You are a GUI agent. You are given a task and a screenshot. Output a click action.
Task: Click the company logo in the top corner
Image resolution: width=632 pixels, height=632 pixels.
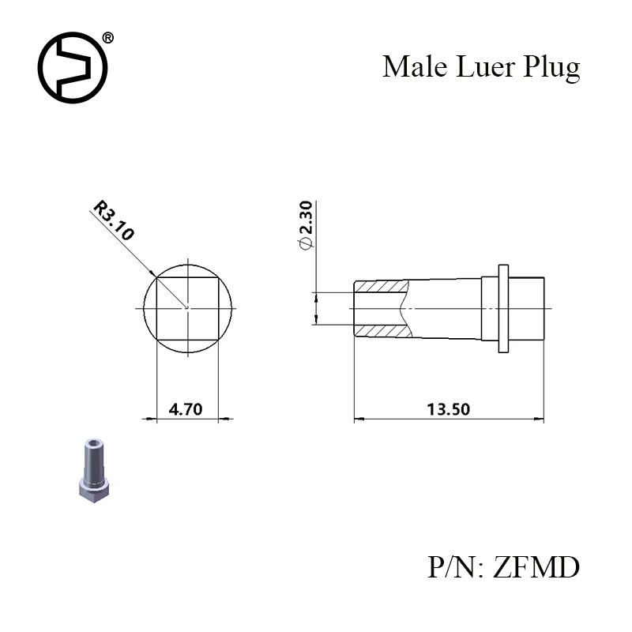[x=73, y=67]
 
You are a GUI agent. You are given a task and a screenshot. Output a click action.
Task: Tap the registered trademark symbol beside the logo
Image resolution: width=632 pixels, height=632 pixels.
[x=108, y=38]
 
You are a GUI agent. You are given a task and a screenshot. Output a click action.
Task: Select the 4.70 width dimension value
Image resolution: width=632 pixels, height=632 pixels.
[x=186, y=409]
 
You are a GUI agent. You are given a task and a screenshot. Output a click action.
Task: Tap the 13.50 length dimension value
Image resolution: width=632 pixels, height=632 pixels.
[x=448, y=409]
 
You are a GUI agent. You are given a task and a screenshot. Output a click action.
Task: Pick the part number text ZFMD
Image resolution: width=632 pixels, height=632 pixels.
[x=536, y=567]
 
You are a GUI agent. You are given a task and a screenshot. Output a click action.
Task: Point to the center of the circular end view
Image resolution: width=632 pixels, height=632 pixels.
[x=187, y=307]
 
